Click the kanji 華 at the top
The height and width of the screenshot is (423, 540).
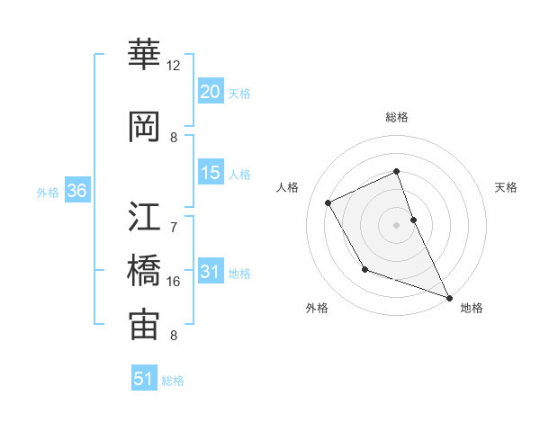(144, 56)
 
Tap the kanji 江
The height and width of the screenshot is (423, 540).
(144, 215)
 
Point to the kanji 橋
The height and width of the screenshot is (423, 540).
(144, 269)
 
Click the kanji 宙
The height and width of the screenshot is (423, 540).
(144, 325)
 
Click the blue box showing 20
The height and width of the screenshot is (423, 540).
(211, 92)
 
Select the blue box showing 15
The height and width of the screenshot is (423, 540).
(211, 174)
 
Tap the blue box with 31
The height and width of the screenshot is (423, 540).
(211, 273)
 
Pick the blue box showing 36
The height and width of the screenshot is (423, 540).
(76, 192)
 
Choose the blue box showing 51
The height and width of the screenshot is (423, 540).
(144, 379)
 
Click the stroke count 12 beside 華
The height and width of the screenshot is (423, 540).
(174, 66)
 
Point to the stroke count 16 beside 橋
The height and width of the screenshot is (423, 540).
(174, 282)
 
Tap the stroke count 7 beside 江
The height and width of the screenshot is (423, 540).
(174, 217)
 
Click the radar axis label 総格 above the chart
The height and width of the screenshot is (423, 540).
(397, 117)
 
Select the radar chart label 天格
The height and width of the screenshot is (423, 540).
(507, 187)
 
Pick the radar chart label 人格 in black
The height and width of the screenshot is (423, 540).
(288, 187)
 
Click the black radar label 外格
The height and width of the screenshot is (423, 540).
(317, 308)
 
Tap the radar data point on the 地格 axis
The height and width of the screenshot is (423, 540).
(450, 297)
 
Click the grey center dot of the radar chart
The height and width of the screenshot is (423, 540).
(397, 225)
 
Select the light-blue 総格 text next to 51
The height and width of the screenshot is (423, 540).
(173, 381)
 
